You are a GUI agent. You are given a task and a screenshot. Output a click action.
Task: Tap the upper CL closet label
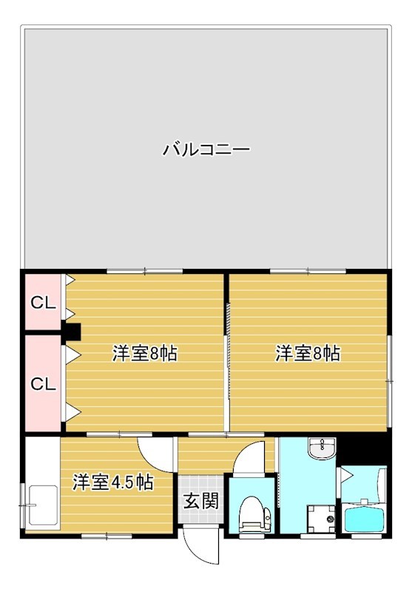click(41, 303)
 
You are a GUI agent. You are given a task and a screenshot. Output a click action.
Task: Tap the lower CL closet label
click(43, 384)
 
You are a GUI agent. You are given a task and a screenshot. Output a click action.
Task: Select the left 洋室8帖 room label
click(144, 354)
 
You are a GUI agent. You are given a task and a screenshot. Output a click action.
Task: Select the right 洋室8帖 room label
click(308, 354)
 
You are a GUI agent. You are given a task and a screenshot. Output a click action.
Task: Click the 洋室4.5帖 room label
click(112, 483)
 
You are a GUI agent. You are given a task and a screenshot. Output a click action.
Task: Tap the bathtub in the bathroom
click(363, 516)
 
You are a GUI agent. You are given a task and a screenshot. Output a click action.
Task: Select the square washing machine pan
click(321, 517)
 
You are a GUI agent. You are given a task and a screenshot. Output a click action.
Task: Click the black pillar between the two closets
click(72, 332)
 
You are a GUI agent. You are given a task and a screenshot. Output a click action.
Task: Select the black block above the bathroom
click(363, 450)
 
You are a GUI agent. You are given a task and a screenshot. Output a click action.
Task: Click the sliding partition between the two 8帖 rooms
click(226, 355)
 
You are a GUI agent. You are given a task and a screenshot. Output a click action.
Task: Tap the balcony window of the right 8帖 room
click(308, 271)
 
